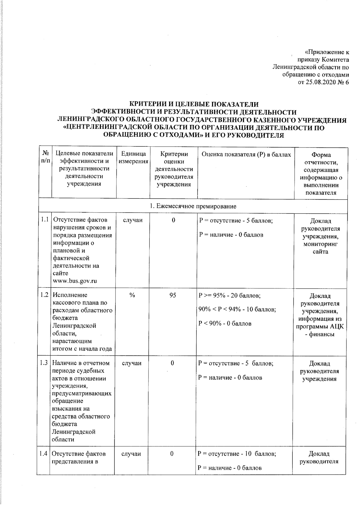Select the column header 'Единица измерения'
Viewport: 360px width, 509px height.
coord(133,157)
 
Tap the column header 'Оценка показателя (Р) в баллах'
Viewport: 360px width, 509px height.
coord(246,154)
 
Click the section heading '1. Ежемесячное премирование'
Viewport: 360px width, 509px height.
coord(193,206)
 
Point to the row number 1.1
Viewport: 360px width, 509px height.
coord(45,220)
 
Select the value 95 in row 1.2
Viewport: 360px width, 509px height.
coord(172,295)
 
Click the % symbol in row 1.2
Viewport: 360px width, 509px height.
coord(132,295)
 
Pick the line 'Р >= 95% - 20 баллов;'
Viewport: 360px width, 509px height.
coord(230,296)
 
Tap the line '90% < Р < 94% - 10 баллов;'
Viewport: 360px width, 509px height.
coord(237,309)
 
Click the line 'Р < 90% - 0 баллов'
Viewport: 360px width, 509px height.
coord(225,323)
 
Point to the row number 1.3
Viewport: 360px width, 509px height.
coord(44,363)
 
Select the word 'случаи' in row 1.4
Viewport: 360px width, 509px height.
coord(131,454)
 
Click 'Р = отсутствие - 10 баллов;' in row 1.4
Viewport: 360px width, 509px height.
coord(236,454)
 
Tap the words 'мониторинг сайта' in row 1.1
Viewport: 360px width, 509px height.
coord(320,248)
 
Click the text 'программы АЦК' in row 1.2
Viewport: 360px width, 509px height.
coord(320,326)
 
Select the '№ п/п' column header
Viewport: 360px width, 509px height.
coord(46,157)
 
